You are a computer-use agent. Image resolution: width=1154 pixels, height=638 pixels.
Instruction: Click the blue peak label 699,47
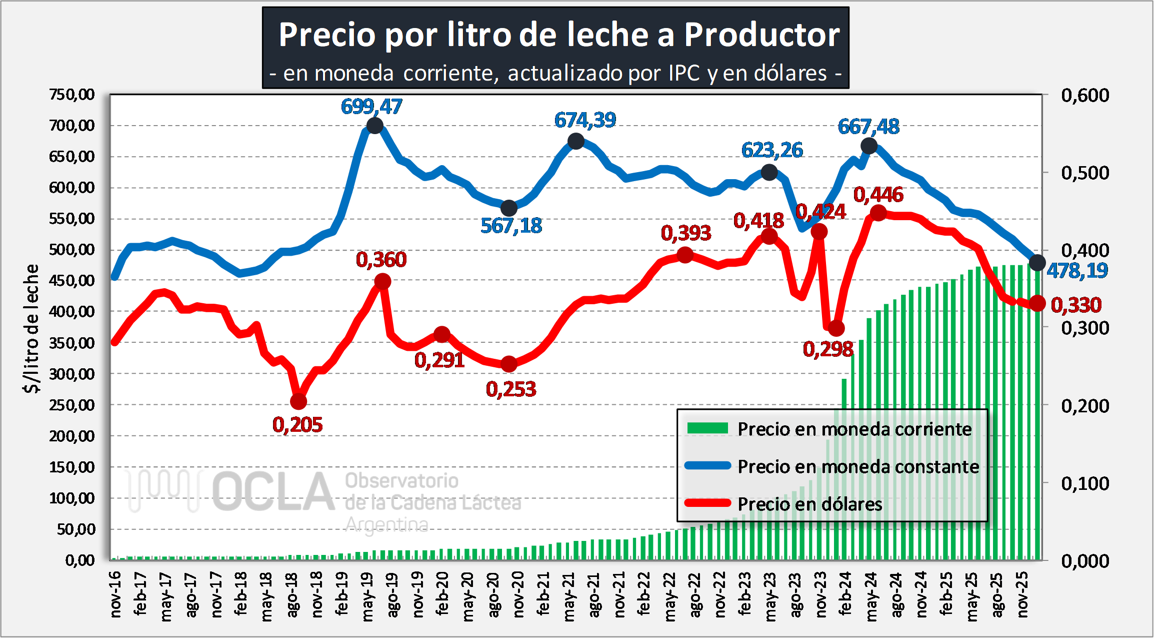coord(371,107)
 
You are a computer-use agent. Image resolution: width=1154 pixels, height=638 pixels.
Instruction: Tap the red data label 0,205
coord(297,425)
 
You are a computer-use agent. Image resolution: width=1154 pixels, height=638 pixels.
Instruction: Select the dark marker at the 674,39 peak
coord(576,142)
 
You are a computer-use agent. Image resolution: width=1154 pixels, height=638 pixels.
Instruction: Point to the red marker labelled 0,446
coord(878,213)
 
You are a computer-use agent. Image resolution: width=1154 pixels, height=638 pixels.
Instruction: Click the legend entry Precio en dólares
coord(809,504)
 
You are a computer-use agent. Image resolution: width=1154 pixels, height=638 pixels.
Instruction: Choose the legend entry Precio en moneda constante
coord(858,466)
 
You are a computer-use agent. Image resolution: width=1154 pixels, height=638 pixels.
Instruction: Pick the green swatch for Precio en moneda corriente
coord(707,428)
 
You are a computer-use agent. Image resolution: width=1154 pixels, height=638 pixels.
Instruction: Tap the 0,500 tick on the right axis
coord(1085,173)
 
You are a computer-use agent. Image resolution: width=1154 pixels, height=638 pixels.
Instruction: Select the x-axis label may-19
coord(367,596)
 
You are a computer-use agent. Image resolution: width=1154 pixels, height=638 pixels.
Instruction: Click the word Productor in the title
coord(761,35)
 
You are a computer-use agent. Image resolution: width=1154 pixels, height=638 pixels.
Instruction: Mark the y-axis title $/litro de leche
coord(31,328)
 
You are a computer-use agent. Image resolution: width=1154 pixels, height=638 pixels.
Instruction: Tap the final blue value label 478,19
coord(1077,271)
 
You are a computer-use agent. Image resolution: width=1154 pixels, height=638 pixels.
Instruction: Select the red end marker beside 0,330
coord(1037,303)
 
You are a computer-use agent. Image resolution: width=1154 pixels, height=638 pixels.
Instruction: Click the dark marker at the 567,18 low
coord(509,208)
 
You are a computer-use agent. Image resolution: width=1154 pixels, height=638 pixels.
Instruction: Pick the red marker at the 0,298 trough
coord(836,329)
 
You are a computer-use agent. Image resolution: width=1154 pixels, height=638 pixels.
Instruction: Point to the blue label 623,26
coord(772,150)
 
